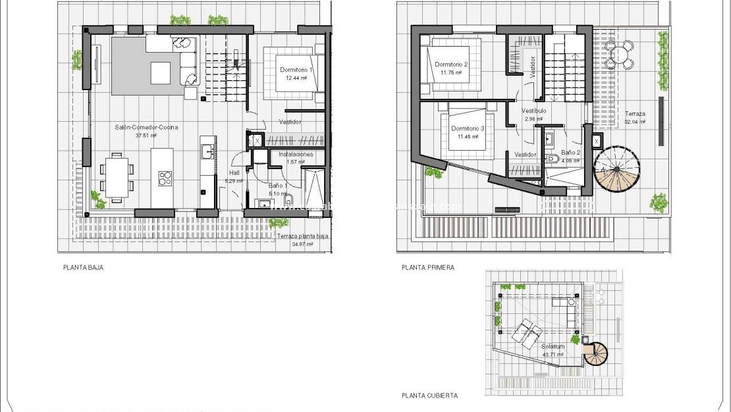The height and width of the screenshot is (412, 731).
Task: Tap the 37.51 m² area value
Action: click(146, 136)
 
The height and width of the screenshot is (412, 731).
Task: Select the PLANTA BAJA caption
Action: click(84, 268)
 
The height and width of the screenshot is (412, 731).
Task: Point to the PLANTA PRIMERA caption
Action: click(428, 268)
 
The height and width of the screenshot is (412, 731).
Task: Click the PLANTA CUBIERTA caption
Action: click(429, 396)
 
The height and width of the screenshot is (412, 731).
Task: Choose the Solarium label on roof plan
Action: click(553, 346)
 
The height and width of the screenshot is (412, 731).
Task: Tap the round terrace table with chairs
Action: click(618, 55)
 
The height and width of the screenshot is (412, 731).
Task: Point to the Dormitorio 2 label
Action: click(451, 64)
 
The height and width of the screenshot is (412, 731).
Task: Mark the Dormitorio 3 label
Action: click(468, 128)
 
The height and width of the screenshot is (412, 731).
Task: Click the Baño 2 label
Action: click(570, 153)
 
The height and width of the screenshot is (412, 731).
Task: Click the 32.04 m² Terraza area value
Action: click(636, 122)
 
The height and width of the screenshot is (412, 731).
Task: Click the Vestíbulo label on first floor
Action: click(533, 111)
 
